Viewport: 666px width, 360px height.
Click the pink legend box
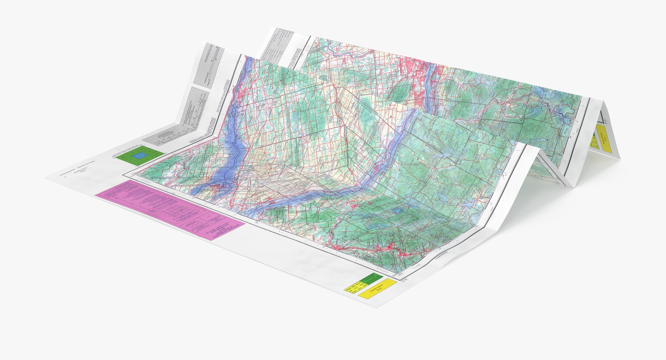pos(170,209)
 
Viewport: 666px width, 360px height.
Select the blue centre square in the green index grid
pos(139,156)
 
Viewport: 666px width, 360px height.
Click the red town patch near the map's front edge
pos(390,248)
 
